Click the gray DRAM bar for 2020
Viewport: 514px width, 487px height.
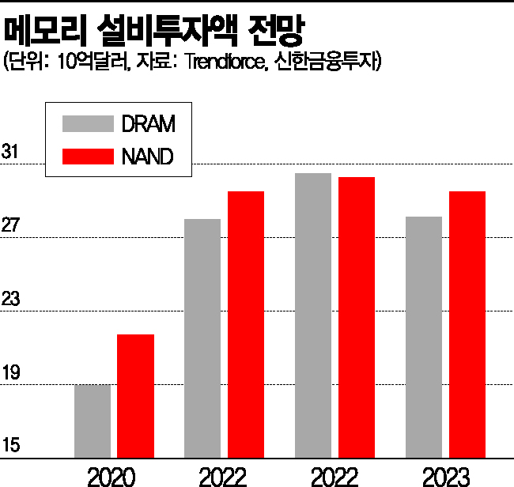point(93,421)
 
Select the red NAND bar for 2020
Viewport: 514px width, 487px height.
point(136,395)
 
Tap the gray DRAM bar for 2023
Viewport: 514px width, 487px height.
point(423,337)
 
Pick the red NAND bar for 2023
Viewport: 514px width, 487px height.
point(467,324)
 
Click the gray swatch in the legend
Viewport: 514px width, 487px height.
point(88,124)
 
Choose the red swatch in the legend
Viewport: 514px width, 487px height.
point(88,156)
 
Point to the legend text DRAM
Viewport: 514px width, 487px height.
point(148,124)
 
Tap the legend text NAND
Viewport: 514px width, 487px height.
point(147,156)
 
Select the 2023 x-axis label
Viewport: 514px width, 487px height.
point(447,476)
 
